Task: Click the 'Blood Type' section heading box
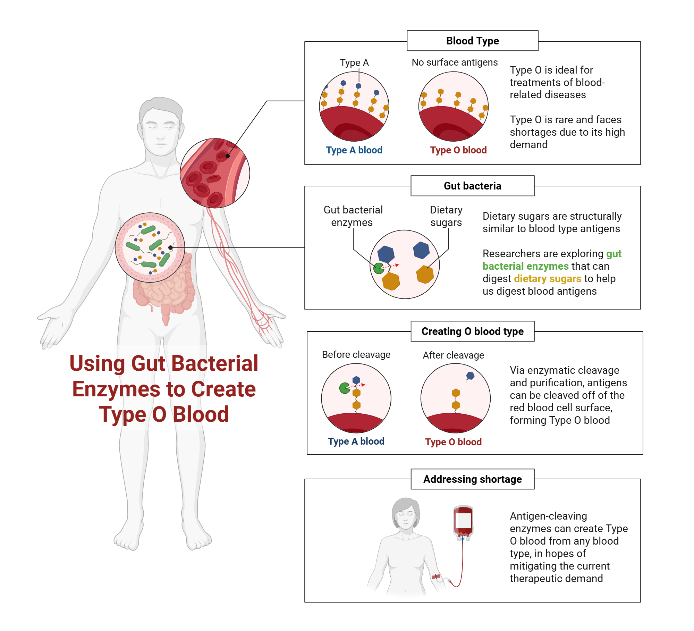[472, 41]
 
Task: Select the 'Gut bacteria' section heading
[472, 186]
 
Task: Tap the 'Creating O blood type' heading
[472, 331]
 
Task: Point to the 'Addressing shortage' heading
[472, 479]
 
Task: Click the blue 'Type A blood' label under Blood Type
[354, 150]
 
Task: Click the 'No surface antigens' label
[455, 62]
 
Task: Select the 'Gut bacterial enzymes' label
[353, 216]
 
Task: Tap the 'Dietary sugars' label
[446, 216]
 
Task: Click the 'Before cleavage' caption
[356, 355]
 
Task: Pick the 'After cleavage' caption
[453, 355]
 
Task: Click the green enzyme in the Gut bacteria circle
[378, 268]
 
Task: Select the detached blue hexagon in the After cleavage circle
[470, 376]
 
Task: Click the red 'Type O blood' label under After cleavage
[453, 442]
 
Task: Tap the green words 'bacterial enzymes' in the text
[525, 266]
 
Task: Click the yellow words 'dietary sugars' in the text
[547, 279]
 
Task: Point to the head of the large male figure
[160, 125]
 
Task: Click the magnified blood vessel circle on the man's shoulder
[215, 173]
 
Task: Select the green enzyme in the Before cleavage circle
[344, 388]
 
